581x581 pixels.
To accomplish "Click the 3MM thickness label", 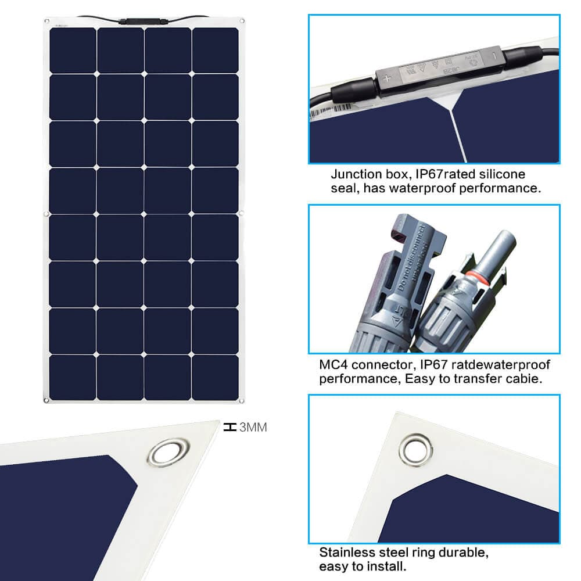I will pyautogui.click(x=253, y=428).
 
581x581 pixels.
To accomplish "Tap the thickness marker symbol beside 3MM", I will pyautogui.click(x=230, y=427).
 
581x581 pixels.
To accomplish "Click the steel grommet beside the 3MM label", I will pyautogui.click(x=168, y=452).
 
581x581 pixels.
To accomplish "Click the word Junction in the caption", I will pyautogui.click(x=354, y=174).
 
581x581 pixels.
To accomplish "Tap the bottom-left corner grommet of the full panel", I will pyautogui.click(x=46, y=400).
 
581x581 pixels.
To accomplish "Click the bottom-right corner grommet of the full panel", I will pyautogui.click(x=241, y=400).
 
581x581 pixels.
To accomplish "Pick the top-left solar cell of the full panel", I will pyautogui.click(x=73, y=50).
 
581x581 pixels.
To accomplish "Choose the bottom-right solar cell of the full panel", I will pyautogui.click(x=215, y=377).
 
